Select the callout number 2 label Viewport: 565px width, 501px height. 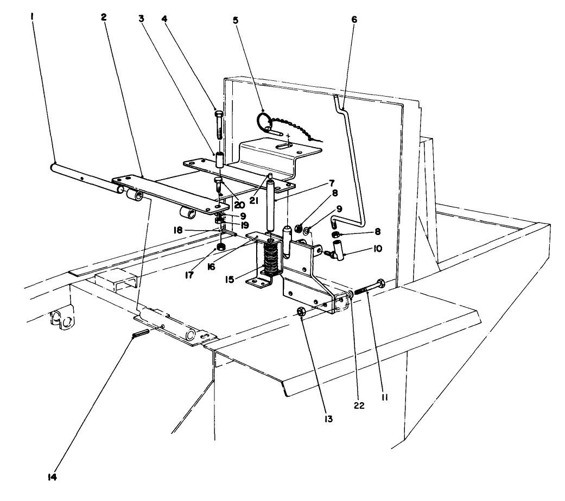tap(103, 16)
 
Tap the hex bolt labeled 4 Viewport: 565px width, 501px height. tap(218, 124)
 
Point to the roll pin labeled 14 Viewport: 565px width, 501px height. tap(139, 332)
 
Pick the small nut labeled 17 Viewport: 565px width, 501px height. tap(221, 248)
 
